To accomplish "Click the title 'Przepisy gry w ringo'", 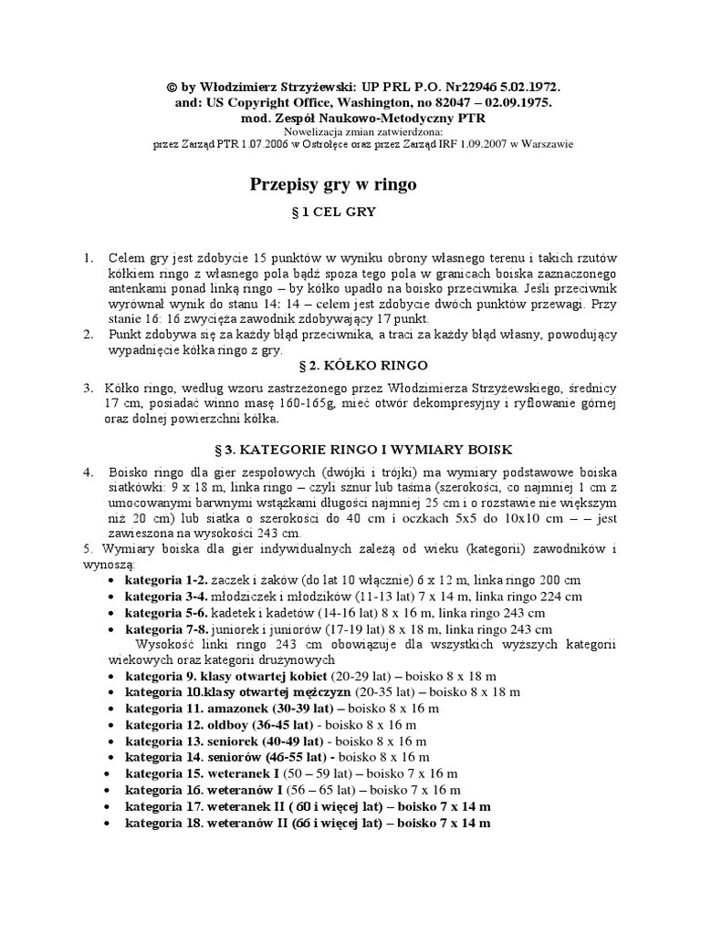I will tap(333, 185).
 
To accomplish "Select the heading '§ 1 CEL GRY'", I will tap(333, 212).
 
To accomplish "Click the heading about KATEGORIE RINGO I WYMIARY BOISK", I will tap(356, 450).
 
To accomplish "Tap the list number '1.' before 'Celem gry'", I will tap(89, 259).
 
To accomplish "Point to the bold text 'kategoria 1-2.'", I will tap(166, 580).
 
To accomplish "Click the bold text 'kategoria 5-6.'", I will tap(166, 613).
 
